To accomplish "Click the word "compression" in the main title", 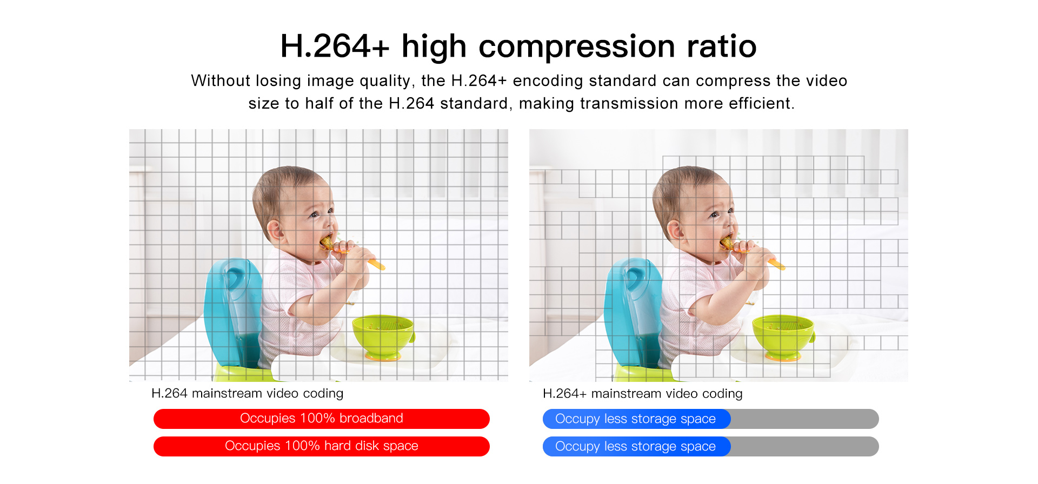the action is (577, 46).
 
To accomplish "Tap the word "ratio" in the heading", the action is (722, 46).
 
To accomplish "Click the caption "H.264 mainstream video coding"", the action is (247, 393).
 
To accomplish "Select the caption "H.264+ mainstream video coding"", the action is (642, 393).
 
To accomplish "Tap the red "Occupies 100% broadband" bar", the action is (322, 419).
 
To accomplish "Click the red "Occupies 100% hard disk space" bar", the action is (322, 446).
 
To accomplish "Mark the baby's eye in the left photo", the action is (314, 215).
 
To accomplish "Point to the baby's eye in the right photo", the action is (714, 215).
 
